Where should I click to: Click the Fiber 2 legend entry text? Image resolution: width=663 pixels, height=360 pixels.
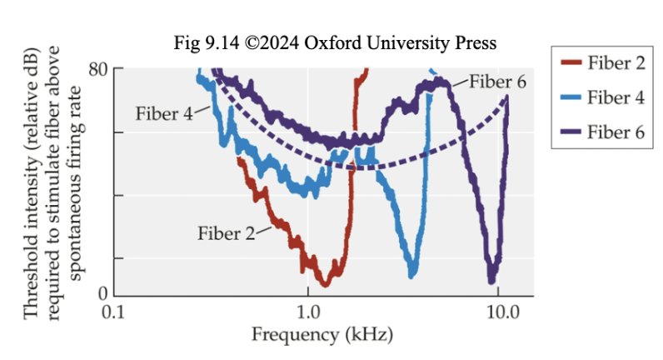point(616,63)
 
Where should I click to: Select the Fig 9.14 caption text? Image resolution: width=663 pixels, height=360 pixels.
point(336,42)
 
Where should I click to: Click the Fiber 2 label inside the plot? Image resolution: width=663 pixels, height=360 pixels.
point(227,232)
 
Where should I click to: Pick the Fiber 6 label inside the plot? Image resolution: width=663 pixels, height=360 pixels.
point(497,81)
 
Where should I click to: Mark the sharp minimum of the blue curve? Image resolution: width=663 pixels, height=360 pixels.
point(411,274)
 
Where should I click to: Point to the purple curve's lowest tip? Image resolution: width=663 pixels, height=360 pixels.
point(492,281)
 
